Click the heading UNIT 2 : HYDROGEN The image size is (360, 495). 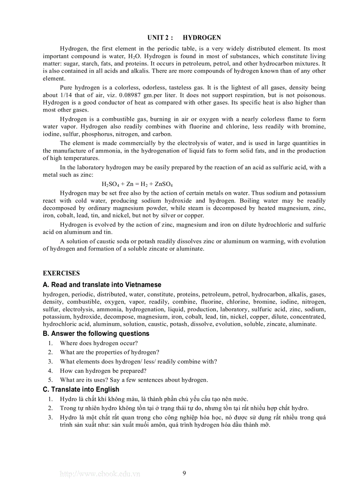(x=184, y=38)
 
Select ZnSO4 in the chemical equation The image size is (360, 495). (x=164, y=184)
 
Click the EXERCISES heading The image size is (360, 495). (x=61, y=273)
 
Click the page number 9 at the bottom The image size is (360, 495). (x=184, y=473)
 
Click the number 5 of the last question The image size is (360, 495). (x=50, y=380)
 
